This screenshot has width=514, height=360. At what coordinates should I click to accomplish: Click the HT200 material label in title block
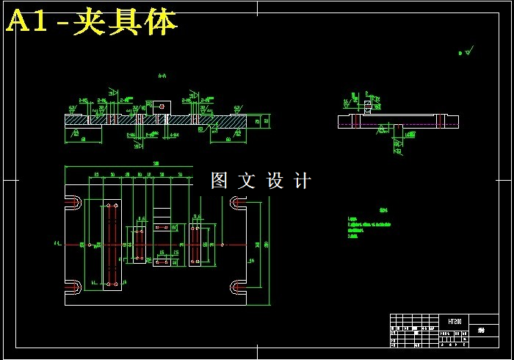click(x=455, y=321)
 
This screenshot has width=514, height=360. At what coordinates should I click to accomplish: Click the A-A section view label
click(x=162, y=75)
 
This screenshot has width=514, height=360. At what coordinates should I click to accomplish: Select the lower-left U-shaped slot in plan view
click(x=73, y=286)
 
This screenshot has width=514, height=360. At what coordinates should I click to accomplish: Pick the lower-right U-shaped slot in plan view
click(x=239, y=286)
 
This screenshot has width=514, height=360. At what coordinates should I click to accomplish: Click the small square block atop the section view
click(x=162, y=107)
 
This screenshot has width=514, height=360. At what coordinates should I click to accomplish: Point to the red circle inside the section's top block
click(x=162, y=106)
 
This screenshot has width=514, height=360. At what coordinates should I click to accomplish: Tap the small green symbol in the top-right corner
click(x=464, y=53)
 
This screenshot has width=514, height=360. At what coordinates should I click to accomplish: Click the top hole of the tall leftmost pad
click(x=112, y=206)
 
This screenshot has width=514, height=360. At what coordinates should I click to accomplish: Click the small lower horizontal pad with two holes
click(x=165, y=262)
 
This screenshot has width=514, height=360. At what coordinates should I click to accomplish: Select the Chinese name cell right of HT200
click(x=482, y=331)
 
